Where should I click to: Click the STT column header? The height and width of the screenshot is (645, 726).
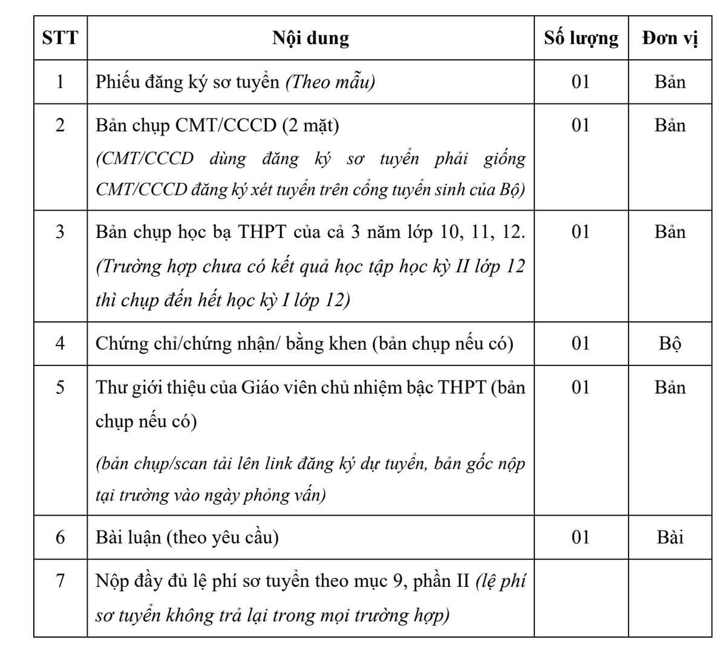coord(60,38)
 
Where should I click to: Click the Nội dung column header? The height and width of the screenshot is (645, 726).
coord(310,38)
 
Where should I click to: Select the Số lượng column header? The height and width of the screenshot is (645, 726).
coord(581,38)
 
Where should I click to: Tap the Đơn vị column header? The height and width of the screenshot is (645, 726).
coord(670,38)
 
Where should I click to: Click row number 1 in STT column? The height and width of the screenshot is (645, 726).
coord(60,82)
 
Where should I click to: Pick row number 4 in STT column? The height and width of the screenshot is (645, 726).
coord(60,343)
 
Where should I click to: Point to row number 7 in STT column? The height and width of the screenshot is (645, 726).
coord(60,581)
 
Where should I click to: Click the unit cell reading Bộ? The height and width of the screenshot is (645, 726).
coord(670,344)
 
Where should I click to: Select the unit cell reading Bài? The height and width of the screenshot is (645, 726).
coord(670,537)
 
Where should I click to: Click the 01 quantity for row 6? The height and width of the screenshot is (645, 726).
coord(581,537)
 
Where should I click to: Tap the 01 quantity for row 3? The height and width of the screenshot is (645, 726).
coord(581,232)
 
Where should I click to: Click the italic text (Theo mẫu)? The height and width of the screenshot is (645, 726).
coord(330,82)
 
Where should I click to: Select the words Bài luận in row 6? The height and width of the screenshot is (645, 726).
coord(129,537)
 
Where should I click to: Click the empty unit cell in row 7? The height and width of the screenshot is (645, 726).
coord(670,598)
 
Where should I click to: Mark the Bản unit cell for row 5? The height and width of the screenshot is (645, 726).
coord(670,387)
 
